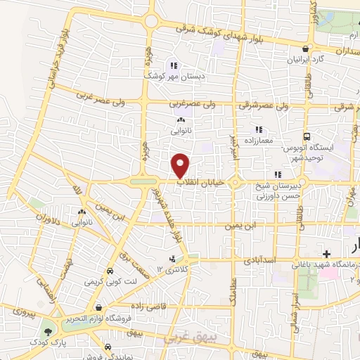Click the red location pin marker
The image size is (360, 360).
tap(181, 165)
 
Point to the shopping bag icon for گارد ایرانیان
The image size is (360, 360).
tap(304, 49)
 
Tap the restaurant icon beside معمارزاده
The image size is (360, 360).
tap(259, 129)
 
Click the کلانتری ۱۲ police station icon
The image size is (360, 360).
tap(173, 259)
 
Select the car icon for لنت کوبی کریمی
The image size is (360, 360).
tap(110, 271)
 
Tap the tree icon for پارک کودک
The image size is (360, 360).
tap(48, 330)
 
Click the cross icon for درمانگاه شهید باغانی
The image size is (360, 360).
tap(326, 253)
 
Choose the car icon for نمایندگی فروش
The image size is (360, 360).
tap(108, 347)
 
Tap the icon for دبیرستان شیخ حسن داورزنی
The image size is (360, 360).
tap(278, 174)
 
